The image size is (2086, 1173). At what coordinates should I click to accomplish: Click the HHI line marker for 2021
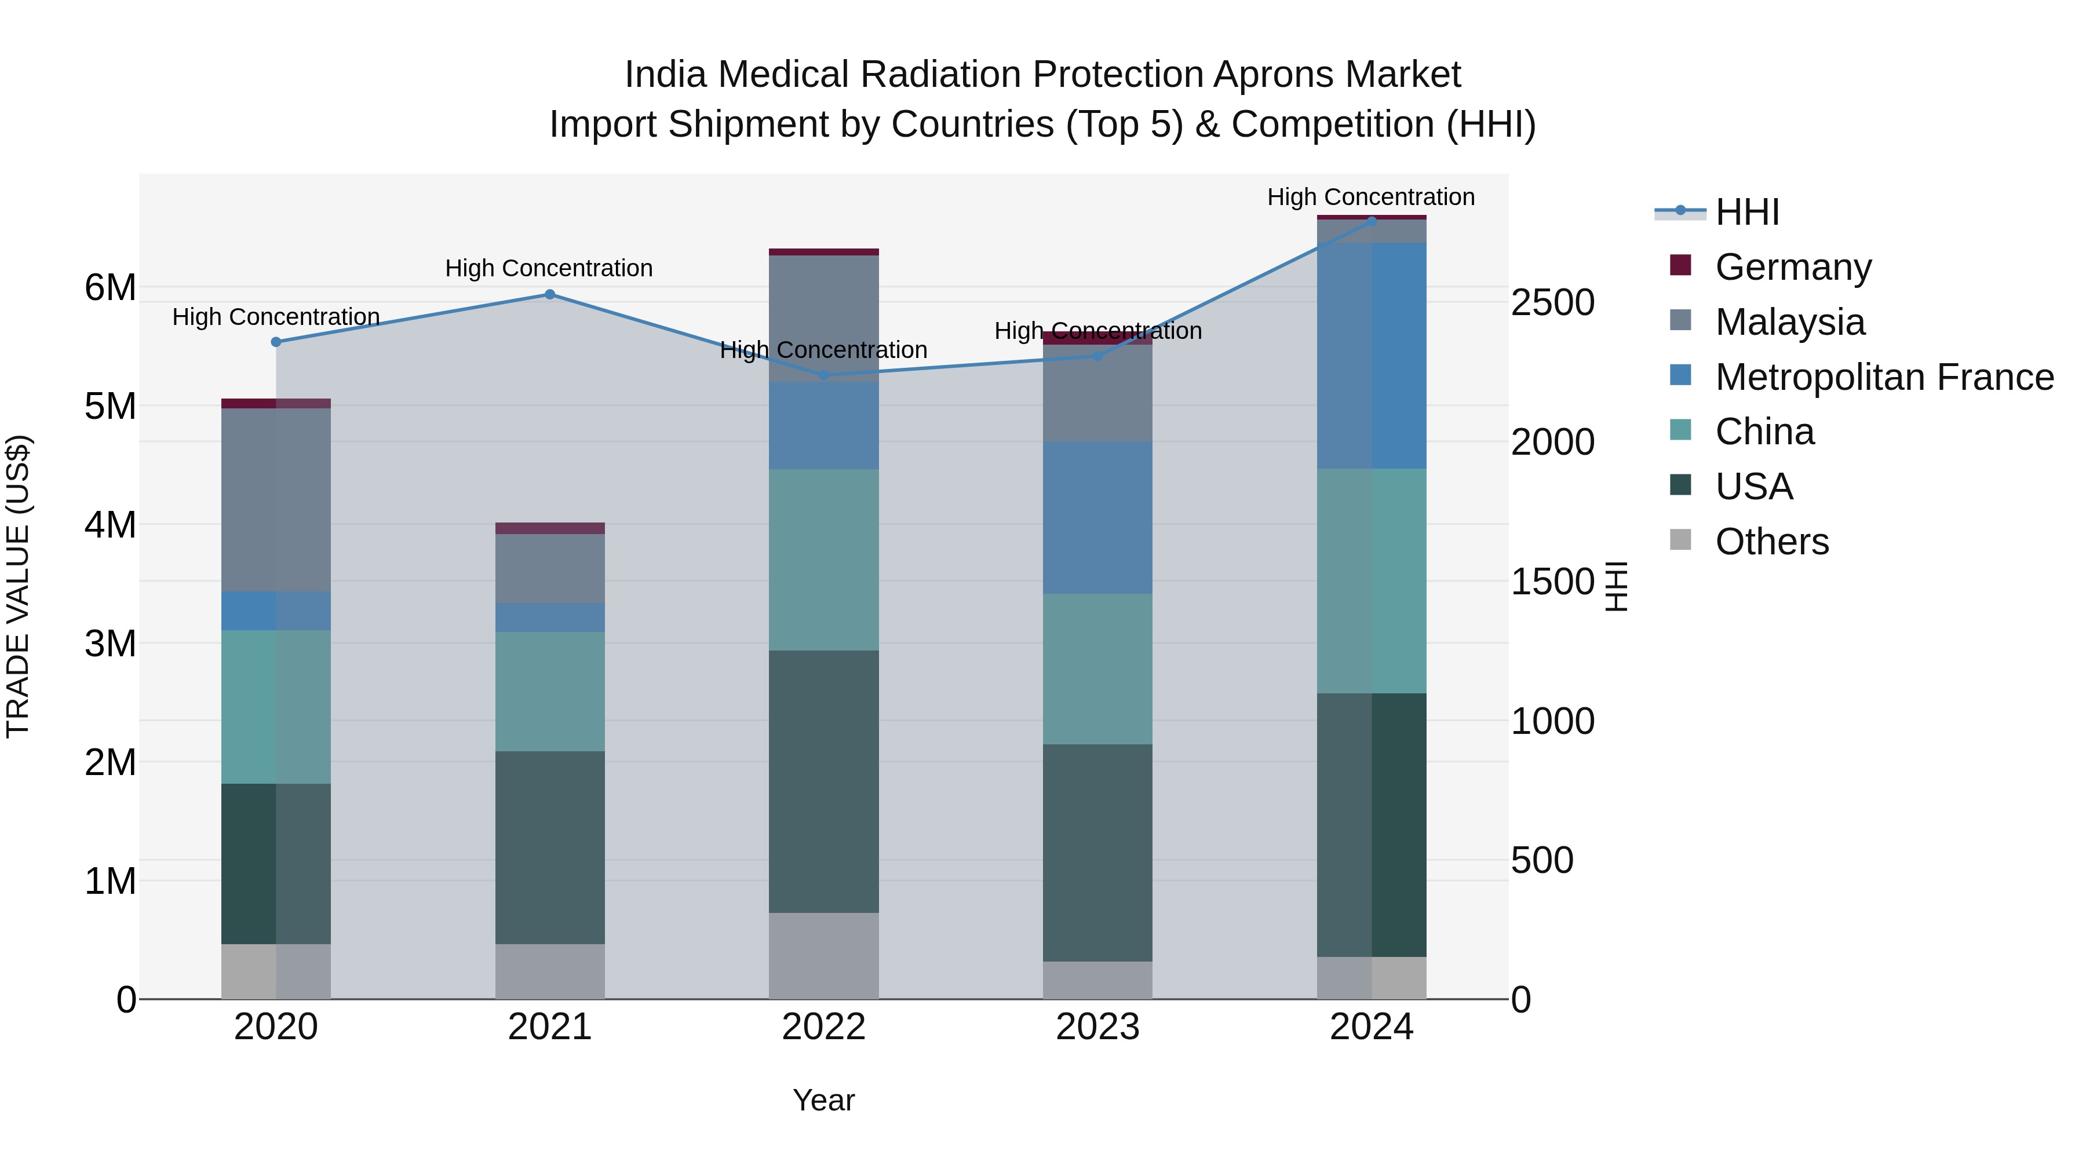(x=549, y=295)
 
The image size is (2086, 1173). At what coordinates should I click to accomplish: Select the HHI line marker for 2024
(x=1372, y=220)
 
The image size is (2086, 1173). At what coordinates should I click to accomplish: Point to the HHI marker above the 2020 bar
(x=276, y=342)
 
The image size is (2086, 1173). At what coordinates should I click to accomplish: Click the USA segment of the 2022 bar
(x=823, y=781)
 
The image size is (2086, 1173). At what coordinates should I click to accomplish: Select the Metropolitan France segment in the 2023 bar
(x=1097, y=518)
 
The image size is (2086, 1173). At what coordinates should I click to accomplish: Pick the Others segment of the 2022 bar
(x=823, y=955)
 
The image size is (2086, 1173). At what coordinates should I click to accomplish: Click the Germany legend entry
(x=1792, y=267)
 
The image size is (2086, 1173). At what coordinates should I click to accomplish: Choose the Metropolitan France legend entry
(x=1884, y=377)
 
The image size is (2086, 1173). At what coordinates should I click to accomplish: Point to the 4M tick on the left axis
(x=110, y=525)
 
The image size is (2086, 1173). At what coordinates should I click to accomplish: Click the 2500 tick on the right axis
(x=1552, y=303)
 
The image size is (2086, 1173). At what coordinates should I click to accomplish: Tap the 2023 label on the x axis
(x=1097, y=1027)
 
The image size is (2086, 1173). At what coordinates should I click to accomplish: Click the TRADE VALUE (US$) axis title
(x=18, y=586)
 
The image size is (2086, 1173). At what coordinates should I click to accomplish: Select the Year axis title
(x=823, y=1100)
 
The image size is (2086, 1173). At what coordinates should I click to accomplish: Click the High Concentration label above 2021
(x=549, y=268)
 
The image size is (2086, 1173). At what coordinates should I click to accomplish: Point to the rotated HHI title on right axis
(x=1615, y=586)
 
